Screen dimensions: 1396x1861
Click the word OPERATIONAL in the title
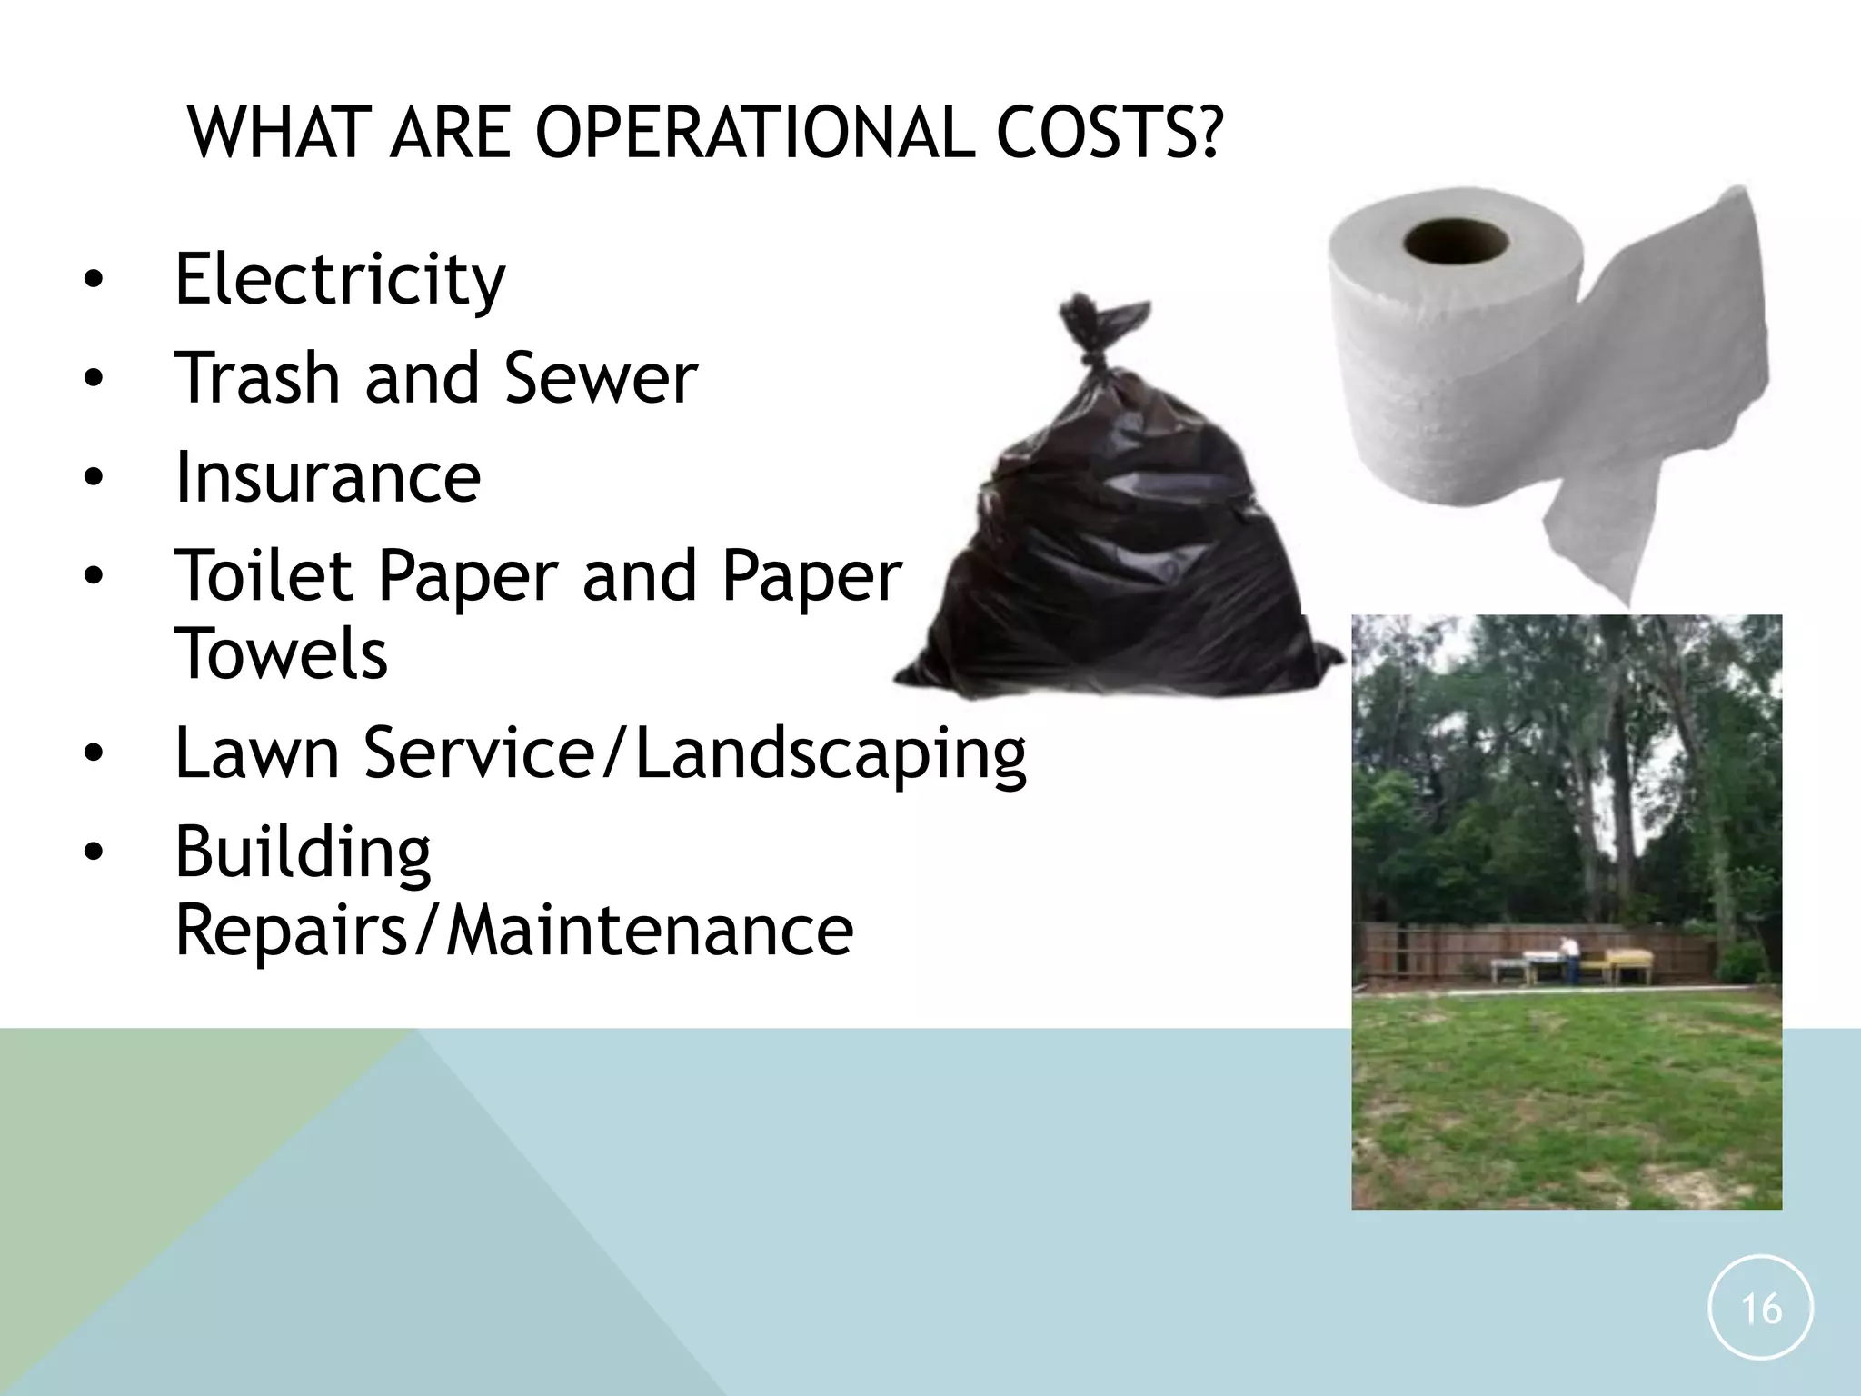pyautogui.click(x=754, y=133)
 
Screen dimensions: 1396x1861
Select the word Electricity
pyautogui.click(x=339, y=279)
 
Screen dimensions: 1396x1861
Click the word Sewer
pyautogui.click(x=601, y=377)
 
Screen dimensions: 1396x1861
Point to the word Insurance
pyautogui.click(x=327, y=477)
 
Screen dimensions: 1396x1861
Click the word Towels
pyautogui.click(x=281, y=653)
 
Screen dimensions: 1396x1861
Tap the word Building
pyautogui.click(x=303, y=853)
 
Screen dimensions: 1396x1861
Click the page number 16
pyautogui.click(x=1760, y=1309)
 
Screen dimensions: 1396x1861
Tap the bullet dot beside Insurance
pyautogui.click(x=94, y=477)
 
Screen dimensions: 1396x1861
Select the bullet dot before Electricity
pyautogui.click(x=94, y=279)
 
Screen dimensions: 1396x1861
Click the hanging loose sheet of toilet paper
pyautogui.click(x=1599, y=536)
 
